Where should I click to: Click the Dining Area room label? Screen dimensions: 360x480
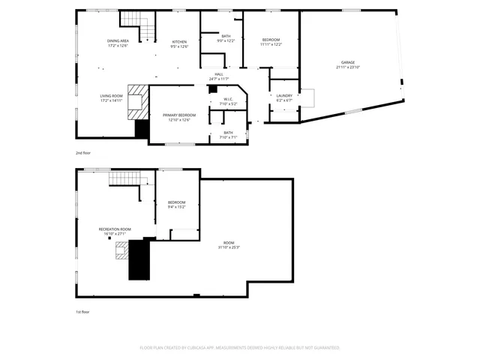coord(118,40)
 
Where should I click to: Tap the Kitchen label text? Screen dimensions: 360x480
coord(180,41)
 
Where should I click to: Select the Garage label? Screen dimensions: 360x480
coord(348,63)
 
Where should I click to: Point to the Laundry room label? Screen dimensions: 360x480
coord(284,95)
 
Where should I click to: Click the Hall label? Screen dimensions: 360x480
coord(219,74)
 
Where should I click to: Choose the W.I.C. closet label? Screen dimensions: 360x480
coord(227,99)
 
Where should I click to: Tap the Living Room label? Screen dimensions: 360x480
coord(112,95)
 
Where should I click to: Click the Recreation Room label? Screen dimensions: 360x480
coord(115,229)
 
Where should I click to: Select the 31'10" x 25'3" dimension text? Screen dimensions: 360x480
coord(229,247)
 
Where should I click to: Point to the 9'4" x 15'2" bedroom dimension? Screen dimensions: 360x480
coord(177,207)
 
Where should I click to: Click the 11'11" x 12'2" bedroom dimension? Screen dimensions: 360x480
coord(271,45)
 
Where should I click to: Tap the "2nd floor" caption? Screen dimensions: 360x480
coord(82,152)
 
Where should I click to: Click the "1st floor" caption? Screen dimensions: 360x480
coord(82,311)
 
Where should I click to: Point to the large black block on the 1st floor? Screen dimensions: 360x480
coord(139,259)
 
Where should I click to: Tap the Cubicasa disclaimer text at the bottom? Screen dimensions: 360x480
coord(240,348)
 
